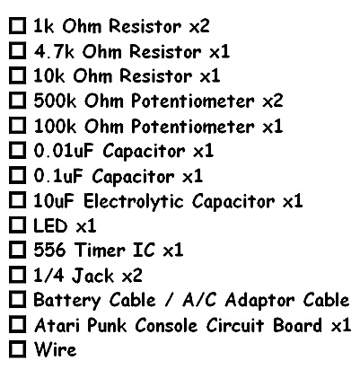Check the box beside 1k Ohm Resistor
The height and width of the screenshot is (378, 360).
pyautogui.click(x=17, y=26)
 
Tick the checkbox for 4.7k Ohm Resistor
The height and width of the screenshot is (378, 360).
pyautogui.click(x=17, y=51)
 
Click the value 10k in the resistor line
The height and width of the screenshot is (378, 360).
pyautogui.click(x=48, y=75)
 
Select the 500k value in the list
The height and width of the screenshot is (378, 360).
pyautogui.click(x=55, y=101)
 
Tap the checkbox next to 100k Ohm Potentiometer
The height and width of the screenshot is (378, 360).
pyautogui.click(x=17, y=126)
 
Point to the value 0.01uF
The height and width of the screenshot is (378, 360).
pyautogui.click(x=64, y=150)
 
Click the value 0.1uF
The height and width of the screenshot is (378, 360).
pyautogui.click(x=58, y=175)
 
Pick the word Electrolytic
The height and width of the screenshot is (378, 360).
pyautogui.click(x=134, y=201)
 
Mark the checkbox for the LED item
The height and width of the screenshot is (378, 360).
pyautogui.click(x=17, y=225)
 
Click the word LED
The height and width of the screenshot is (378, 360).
pyautogui.click(x=50, y=225)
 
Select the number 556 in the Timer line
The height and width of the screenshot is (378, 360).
pyautogui.click(x=49, y=250)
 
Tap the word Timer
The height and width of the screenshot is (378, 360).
pyautogui.click(x=100, y=250)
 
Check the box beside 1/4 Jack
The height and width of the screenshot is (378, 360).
pyautogui.click(x=17, y=275)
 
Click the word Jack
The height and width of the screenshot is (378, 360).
pyautogui.click(x=93, y=275)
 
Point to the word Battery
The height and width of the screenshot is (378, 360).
pyautogui.click(x=67, y=301)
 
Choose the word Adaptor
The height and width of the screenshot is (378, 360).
pyautogui.click(x=260, y=301)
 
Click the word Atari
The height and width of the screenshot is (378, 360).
pyautogui.click(x=57, y=325)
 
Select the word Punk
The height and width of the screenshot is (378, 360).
pyautogui.click(x=107, y=325)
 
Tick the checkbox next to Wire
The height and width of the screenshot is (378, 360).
pyautogui.click(x=17, y=349)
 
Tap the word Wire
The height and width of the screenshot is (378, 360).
pyautogui.click(x=55, y=349)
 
